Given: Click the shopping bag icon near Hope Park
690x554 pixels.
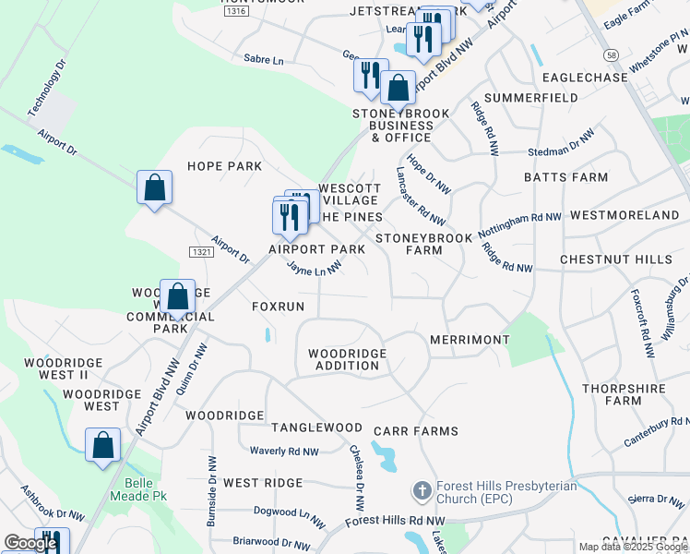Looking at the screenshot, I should [155, 187].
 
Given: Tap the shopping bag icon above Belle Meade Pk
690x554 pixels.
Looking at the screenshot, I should [103, 445].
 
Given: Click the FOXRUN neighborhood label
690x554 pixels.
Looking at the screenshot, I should [278, 306].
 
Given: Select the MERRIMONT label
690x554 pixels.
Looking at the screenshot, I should [470, 340].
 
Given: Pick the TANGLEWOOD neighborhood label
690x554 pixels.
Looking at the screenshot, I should [316, 428].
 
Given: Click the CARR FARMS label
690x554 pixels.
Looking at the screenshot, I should [415, 431].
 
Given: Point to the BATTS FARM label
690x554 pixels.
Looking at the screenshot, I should [565, 177].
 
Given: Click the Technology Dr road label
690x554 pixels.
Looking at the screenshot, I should [47, 89].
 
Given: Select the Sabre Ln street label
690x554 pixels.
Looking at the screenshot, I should [264, 59].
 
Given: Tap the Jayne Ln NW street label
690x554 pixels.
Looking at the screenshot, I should [314, 268].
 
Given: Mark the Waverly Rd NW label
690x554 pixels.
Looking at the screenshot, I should [284, 452].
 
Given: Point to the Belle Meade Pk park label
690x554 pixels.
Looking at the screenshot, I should [145, 489].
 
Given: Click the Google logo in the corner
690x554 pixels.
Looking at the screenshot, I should [30, 542].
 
